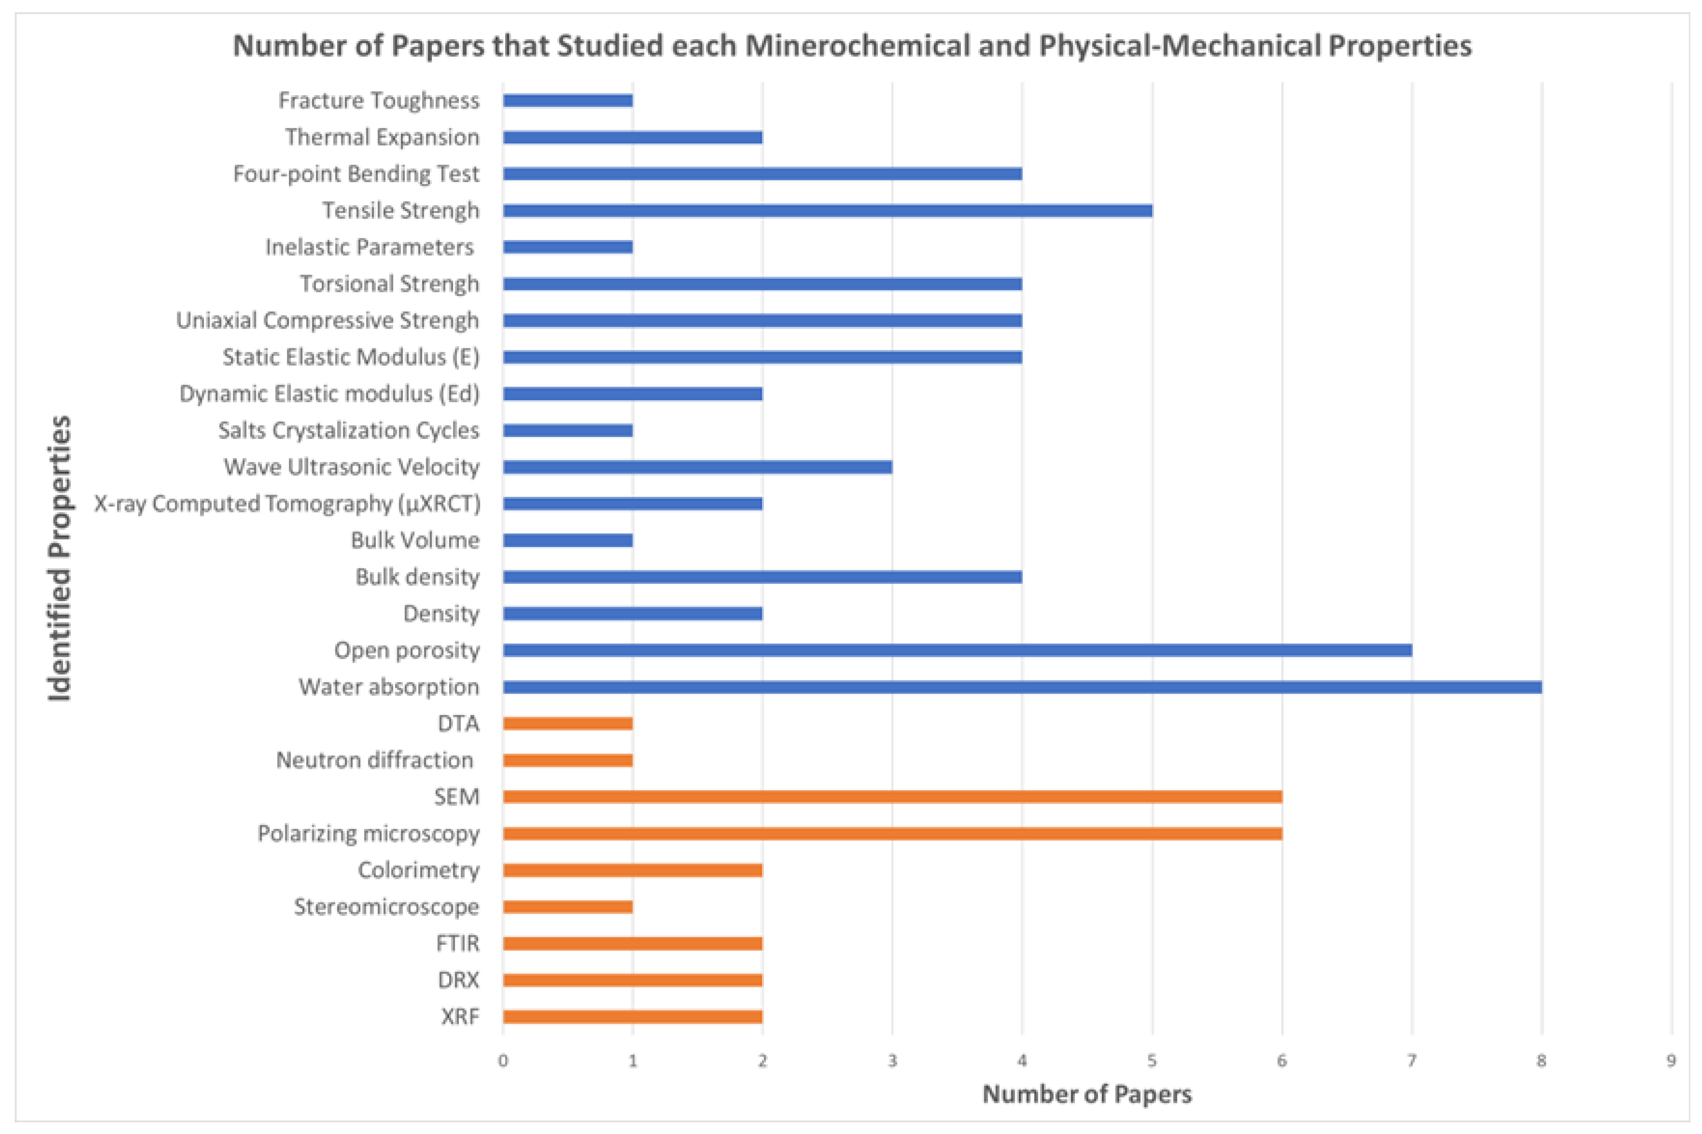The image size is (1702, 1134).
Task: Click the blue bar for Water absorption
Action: tap(1021, 687)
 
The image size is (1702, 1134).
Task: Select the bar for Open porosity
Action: tap(956, 650)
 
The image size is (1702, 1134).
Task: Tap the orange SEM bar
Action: tap(891, 796)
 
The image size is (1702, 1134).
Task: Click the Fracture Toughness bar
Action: tap(568, 101)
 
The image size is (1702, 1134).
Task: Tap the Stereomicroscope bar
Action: tap(568, 906)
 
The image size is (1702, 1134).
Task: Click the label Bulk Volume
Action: tap(415, 540)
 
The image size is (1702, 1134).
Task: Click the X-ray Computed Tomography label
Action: tap(286, 503)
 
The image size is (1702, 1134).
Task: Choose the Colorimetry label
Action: tap(418, 870)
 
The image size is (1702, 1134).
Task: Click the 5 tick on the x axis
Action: tap(1152, 1061)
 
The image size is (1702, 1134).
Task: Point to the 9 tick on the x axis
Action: tap(1671, 1061)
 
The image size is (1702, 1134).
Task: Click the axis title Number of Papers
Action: tap(1087, 1094)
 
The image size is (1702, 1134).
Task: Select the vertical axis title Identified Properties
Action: tap(60, 558)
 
